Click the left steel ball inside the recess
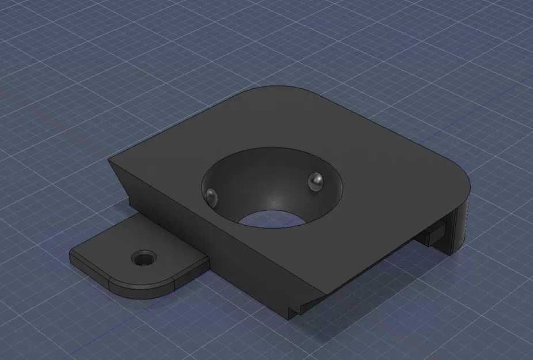(211, 195)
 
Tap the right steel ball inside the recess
(315, 181)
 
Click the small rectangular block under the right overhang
(434, 234)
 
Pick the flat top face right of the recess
(391, 173)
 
